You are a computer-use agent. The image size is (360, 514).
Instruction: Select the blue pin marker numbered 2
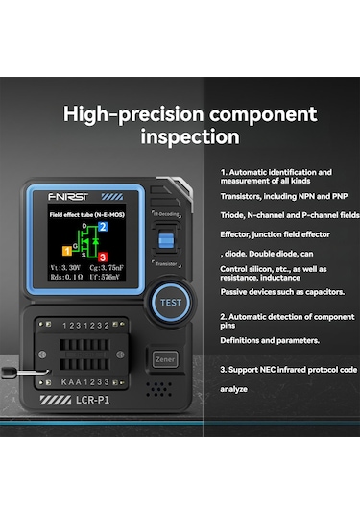tap(103, 225)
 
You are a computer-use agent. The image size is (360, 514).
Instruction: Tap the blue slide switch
tap(166, 239)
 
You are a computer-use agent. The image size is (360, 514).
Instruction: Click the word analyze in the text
tap(235, 389)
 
